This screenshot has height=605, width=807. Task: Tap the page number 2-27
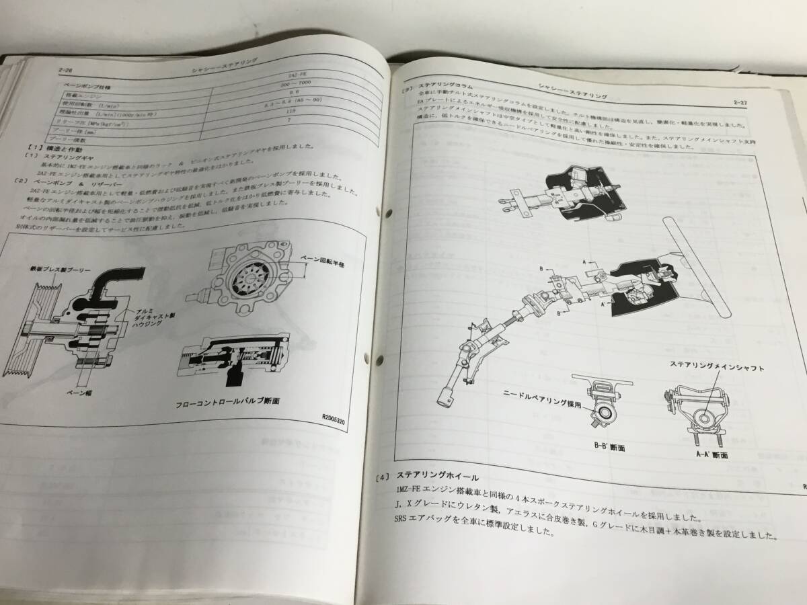[743, 102]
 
